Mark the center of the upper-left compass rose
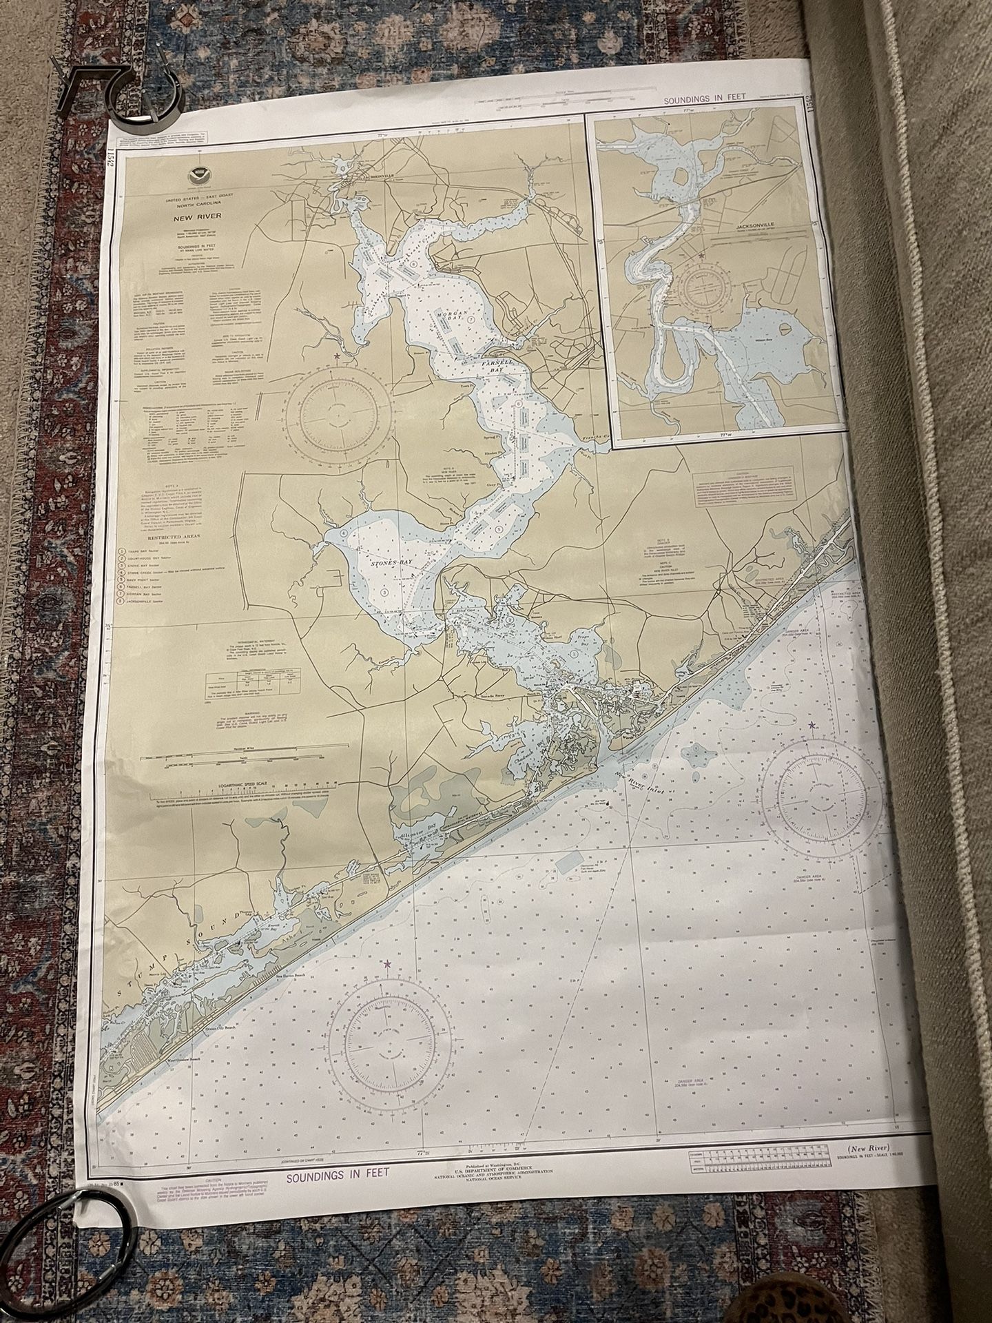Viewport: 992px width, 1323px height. point(338,413)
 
